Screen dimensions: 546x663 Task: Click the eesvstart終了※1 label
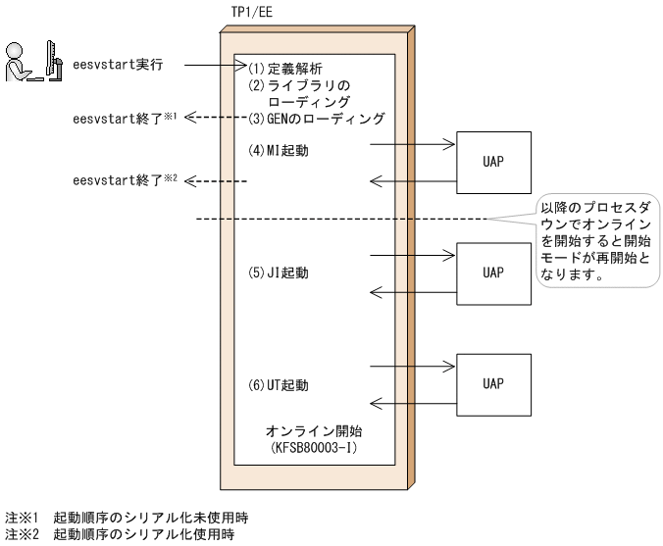[123, 118]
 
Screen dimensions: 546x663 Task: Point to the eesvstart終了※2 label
[123, 182]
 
